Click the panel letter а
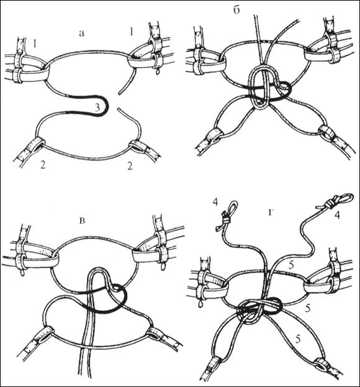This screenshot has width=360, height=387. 81,34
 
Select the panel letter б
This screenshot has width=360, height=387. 236,11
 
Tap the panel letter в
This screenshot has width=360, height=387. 83,221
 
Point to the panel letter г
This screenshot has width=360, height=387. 271,212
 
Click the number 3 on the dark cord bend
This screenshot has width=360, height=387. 97,107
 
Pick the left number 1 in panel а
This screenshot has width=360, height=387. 35,44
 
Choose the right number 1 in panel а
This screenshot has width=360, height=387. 132,32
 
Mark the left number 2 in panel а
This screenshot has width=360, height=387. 43,165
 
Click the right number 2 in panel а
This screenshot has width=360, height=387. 130,166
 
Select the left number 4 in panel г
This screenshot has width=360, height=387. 215,202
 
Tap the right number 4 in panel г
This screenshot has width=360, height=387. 337,215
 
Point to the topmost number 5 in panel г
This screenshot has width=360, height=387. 292,265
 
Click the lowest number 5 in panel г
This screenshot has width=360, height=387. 298,340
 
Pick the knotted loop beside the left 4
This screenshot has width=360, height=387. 227,216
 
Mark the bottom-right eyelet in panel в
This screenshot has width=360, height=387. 155,335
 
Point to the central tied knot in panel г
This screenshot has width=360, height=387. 259,310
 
